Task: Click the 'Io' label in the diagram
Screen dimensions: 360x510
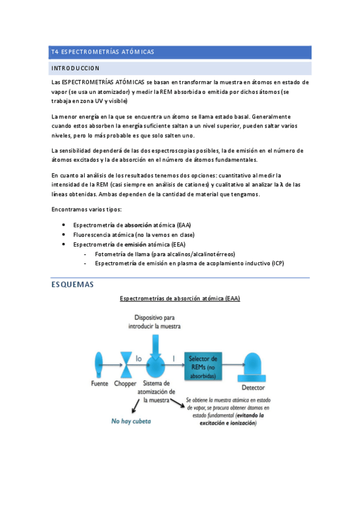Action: [138, 358]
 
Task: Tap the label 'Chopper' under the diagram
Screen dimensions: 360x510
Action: [127, 384]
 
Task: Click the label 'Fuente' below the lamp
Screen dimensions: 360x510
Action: [99, 384]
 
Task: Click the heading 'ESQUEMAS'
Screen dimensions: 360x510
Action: [73, 285]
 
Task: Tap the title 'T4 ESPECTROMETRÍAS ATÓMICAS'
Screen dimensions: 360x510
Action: [103, 52]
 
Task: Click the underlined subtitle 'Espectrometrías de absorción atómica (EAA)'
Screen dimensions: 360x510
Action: [180, 298]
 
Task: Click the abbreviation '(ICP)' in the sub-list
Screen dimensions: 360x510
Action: [278, 264]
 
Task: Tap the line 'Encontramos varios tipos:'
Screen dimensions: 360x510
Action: [87, 209]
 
